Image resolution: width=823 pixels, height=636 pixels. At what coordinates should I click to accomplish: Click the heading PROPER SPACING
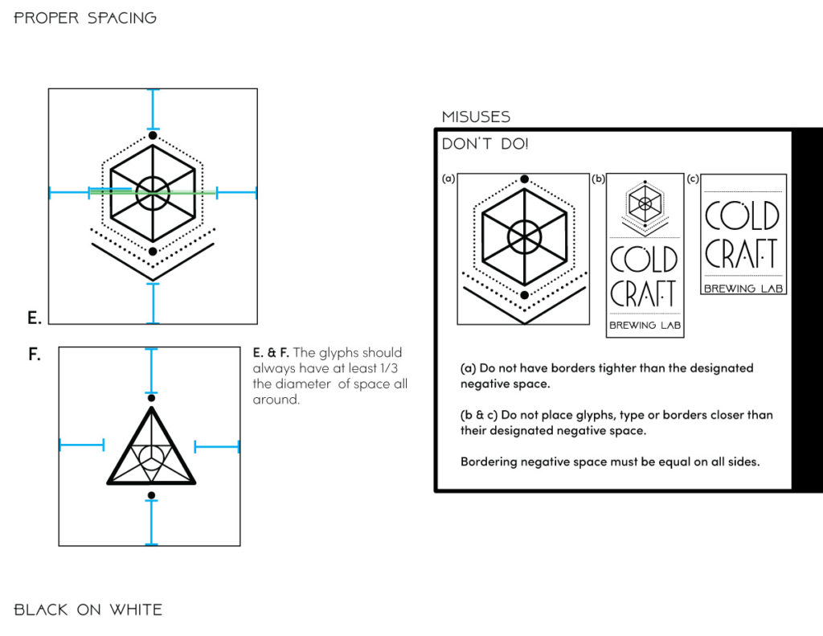[x=85, y=18]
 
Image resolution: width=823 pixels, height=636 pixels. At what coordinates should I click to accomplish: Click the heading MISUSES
[x=476, y=117]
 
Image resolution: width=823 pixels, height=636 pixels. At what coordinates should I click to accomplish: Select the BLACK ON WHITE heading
[x=88, y=609]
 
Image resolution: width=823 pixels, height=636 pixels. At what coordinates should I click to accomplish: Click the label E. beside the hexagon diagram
[x=34, y=318]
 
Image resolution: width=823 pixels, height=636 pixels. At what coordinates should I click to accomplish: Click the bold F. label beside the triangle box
[x=34, y=354]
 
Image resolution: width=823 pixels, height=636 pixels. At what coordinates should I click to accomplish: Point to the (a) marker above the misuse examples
[x=448, y=178]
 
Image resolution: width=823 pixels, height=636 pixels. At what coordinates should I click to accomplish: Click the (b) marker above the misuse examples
[x=598, y=178]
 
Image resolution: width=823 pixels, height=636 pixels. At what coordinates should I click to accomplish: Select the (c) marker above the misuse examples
[x=693, y=178]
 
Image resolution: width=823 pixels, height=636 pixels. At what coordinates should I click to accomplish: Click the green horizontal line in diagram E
[x=153, y=193]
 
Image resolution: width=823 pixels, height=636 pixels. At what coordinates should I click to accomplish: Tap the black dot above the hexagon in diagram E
[x=153, y=135]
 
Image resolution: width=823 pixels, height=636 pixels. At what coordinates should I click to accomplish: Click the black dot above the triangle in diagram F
[x=151, y=398]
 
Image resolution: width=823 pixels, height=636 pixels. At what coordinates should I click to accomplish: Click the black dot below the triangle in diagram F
[x=151, y=495]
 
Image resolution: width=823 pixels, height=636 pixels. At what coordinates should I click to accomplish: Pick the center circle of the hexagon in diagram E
[x=153, y=193]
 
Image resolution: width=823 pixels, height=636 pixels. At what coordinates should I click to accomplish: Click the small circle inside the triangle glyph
[x=150, y=458]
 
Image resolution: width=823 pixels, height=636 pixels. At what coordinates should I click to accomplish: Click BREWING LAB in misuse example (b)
[x=644, y=326]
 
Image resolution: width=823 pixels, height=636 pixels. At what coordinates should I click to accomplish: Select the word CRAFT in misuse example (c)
[x=742, y=253]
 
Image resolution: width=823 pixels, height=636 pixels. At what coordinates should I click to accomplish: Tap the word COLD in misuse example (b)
[x=644, y=259]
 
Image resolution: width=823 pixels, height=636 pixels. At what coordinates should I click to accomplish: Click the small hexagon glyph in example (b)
[x=644, y=203]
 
